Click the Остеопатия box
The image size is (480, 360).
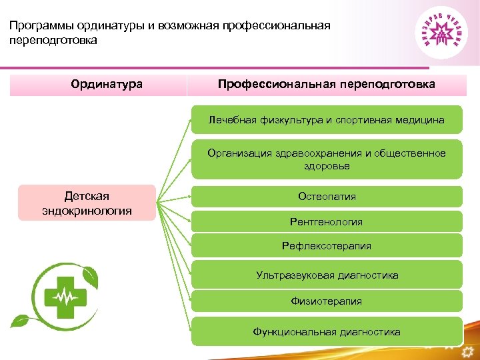click(327, 197)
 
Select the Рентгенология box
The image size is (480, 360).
click(327, 221)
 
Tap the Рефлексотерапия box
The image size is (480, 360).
click(327, 246)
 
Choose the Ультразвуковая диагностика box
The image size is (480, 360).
click(327, 275)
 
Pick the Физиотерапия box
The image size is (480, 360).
click(327, 301)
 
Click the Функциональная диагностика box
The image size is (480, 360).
click(327, 331)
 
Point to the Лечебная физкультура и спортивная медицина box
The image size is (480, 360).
click(327, 120)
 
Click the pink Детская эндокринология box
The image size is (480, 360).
click(87, 203)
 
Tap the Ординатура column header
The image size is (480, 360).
click(107, 85)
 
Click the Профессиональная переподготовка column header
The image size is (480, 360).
click(327, 85)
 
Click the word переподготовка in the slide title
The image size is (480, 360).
click(53, 41)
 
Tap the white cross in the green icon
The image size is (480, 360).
click(65, 295)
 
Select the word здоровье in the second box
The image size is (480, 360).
click(327, 167)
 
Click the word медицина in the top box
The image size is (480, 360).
click(419, 120)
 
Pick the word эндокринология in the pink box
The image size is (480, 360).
click(87, 211)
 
